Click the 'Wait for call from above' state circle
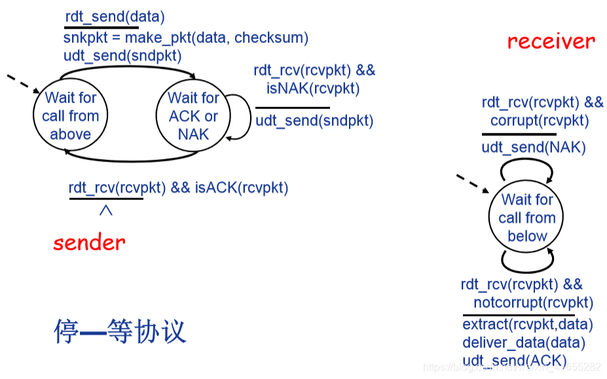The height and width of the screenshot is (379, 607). coord(70,117)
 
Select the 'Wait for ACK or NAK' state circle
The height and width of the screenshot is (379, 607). coord(193,117)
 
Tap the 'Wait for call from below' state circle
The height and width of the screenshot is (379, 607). coord(526,218)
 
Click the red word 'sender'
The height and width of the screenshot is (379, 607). coord(89,244)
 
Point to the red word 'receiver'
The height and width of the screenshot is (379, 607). coord(551,42)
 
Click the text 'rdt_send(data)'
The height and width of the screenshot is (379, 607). coord(115,17)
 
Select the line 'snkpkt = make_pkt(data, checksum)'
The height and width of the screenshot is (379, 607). coord(186,38)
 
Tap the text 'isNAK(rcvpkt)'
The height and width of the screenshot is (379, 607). coord(313,88)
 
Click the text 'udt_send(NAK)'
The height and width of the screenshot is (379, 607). coord(534,148)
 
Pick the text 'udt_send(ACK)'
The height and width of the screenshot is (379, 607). coord(515,361)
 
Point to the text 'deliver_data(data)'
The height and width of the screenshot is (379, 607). coord(524,342)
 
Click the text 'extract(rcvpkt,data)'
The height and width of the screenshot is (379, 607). coord(528,325)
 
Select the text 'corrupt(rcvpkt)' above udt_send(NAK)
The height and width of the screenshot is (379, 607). coord(540,120)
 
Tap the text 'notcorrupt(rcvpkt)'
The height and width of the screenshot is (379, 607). coord(533,302)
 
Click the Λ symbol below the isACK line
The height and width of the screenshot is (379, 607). coord(106,211)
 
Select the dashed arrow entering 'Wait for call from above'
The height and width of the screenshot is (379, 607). coord(21,84)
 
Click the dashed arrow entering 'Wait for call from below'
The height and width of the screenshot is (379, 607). coord(470,182)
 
